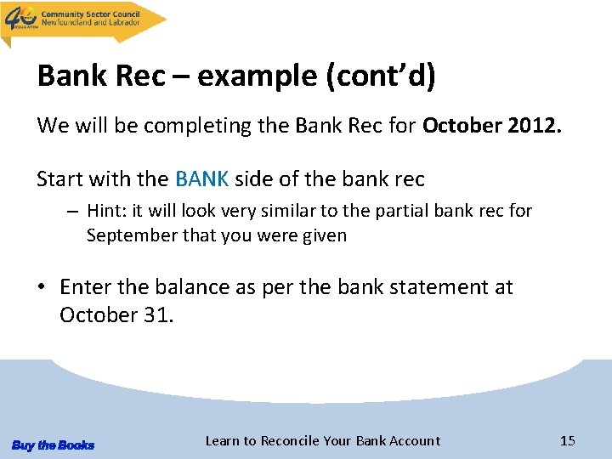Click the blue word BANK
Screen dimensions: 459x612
pyautogui.click(x=201, y=179)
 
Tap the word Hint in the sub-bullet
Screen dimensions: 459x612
pyautogui.click(x=105, y=210)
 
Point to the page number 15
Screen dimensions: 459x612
pyautogui.click(x=568, y=440)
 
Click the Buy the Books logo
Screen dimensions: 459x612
pyautogui.click(x=53, y=445)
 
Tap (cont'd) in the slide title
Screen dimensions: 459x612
pyautogui.click(x=381, y=76)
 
